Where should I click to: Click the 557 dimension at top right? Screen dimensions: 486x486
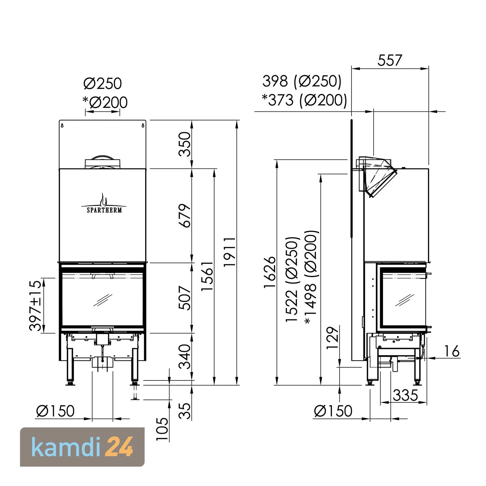pos(390,61)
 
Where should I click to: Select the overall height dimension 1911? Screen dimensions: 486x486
pos(230,252)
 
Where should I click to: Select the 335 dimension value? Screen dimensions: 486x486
pos(405,395)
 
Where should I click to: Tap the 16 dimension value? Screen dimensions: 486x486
pos(452,351)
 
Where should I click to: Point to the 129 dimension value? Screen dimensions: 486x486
pos(332,338)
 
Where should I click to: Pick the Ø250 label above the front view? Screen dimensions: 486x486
pos(102,84)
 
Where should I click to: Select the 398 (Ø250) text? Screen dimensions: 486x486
pos(302,81)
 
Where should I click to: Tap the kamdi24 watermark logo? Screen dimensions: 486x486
pos(82,447)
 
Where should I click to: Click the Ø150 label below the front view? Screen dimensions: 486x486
pos(55,411)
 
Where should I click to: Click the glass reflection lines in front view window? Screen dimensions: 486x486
pos(102,300)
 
